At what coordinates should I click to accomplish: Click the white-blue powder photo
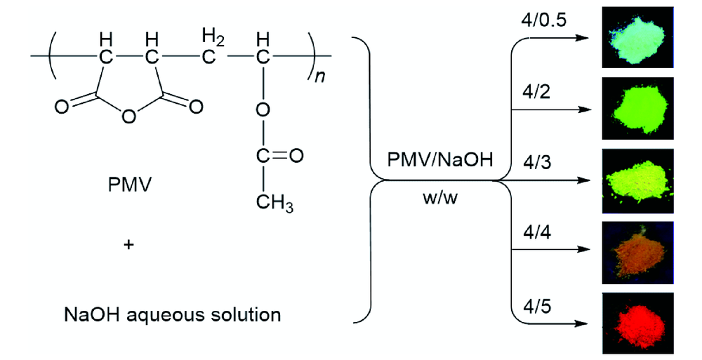click(x=637, y=33)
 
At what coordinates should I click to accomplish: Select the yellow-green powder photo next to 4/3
click(x=637, y=179)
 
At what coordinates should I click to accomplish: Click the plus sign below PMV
click(x=128, y=246)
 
